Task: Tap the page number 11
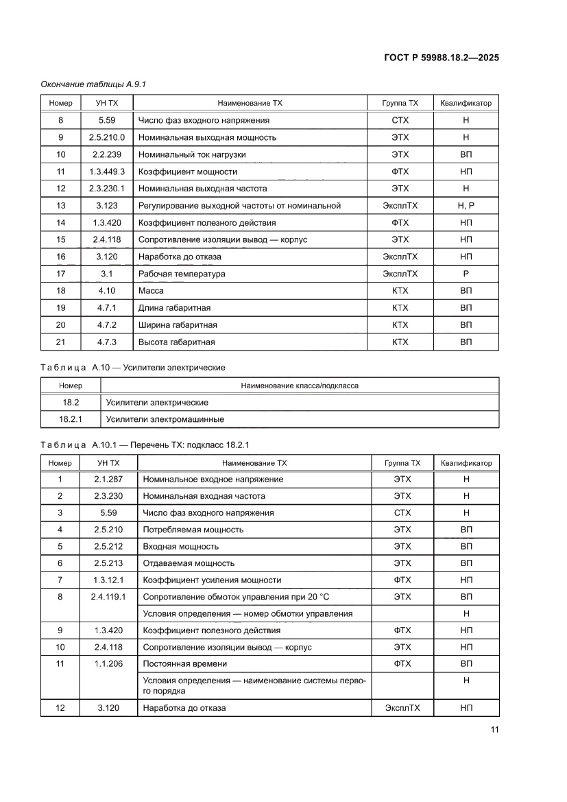[x=494, y=729]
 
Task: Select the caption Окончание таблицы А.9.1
[x=94, y=84]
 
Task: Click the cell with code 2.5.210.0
[x=106, y=137]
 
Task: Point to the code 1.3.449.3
[x=106, y=172]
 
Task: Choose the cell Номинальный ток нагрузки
[x=192, y=154]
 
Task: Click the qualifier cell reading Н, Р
[x=466, y=206]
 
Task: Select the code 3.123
[x=106, y=206]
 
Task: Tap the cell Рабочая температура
[x=182, y=274]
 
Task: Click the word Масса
[x=151, y=291]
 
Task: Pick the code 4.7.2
[x=106, y=325]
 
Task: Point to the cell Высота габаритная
[x=177, y=342]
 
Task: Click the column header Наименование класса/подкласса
[x=299, y=386]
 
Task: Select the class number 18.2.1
[x=70, y=419]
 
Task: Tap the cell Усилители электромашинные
[x=165, y=419]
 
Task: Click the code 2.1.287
[x=108, y=480]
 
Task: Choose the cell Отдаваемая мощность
[x=189, y=563]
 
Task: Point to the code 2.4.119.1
[x=108, y=597]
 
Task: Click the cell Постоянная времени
[x=184, y=664]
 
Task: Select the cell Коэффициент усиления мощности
[x=211, y=580]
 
